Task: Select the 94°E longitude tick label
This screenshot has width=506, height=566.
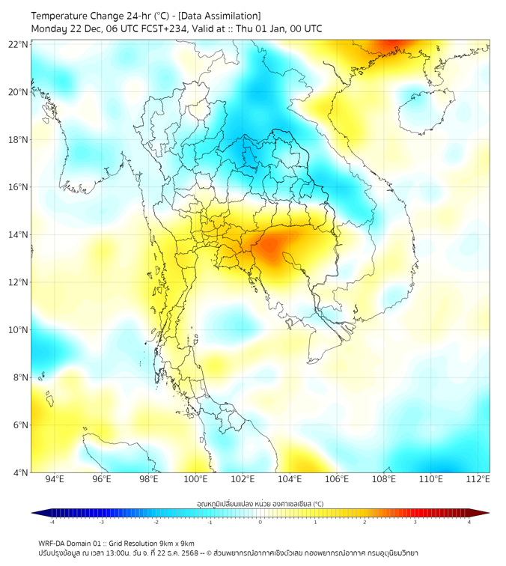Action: click(55, 479)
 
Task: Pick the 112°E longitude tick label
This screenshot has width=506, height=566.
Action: click(478, 479)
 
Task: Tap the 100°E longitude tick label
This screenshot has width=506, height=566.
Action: click(195, 479)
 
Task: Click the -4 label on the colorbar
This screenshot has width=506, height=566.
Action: click(52, 522)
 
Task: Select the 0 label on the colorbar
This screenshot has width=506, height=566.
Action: click(260, 522)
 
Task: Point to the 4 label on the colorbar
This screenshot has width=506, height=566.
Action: click(469, 522)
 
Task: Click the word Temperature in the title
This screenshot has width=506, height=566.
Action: click(61, 16)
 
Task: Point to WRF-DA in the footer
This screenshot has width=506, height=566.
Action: click(53, 543)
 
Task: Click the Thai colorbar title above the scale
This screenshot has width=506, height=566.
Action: click(260, 504)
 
